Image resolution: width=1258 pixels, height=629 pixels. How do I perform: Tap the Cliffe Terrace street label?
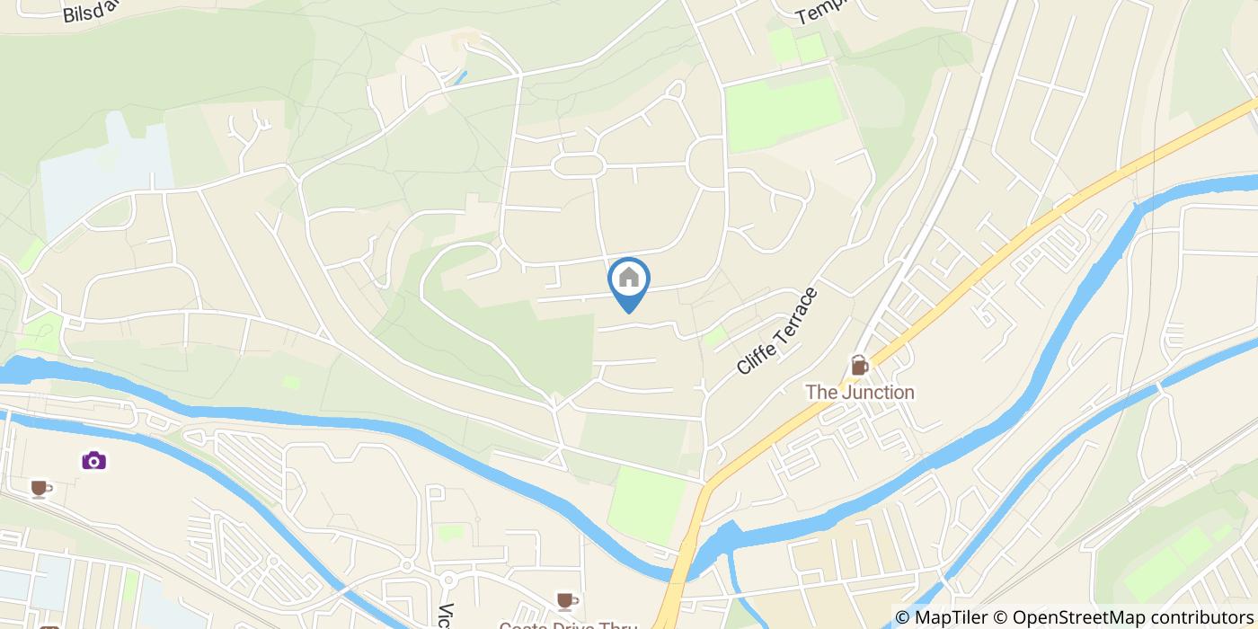[777, 331]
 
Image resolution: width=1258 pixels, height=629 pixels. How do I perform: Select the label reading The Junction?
[859, 393]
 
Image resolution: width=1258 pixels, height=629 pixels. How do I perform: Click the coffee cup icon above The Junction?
[860, 366]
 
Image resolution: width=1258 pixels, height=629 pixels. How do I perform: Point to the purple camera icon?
[94, 460]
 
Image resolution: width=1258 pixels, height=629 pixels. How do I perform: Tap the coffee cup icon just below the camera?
[39, 488]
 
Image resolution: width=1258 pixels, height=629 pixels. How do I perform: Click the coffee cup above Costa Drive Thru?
[564, 600]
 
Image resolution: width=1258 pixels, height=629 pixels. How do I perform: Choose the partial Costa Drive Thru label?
[568, 624]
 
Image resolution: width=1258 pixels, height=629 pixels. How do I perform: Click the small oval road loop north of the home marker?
[578, 164]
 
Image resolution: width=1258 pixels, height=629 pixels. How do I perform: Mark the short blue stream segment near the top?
[459, 77]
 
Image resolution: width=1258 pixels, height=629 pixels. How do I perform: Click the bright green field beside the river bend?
[647, 503]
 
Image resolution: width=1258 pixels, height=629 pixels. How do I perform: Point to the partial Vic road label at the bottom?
[446, 615]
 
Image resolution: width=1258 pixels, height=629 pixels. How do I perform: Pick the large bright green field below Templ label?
[782, 112]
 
